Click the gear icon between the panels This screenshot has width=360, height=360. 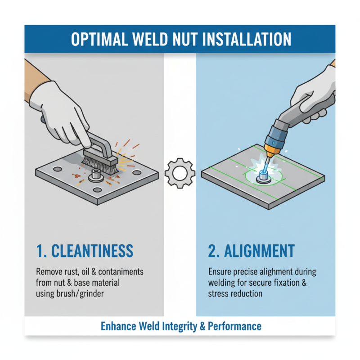180,173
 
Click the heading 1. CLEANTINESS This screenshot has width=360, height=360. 85,251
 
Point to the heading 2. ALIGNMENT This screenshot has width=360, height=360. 252,251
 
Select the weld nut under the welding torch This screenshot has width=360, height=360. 261,179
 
